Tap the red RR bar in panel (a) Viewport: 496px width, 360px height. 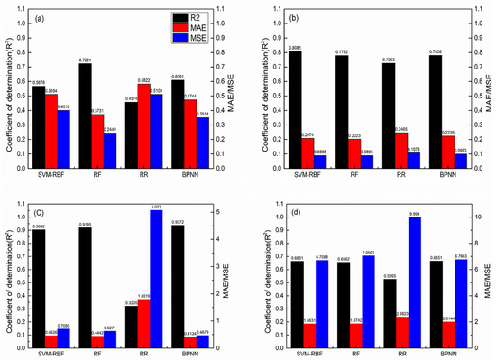pyautogui.click(x=143, y=114)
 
